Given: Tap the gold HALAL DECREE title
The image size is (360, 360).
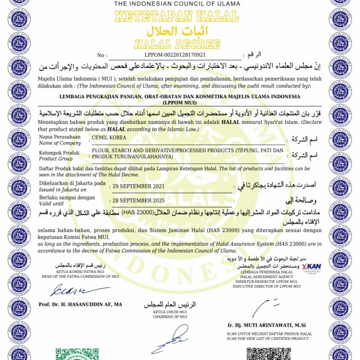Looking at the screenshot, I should click(x=176, y=44).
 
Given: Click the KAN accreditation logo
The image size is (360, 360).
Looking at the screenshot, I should click(x=312, y=266).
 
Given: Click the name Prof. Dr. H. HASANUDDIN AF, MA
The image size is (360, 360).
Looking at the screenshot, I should click(x=80, y=304).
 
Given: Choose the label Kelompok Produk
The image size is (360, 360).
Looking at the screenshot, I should click(x=60, y=153).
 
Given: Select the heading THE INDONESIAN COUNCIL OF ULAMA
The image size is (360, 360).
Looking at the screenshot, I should click(x=177, y=4).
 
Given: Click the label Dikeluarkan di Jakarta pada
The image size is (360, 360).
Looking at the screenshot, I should click(x=72, y=183).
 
